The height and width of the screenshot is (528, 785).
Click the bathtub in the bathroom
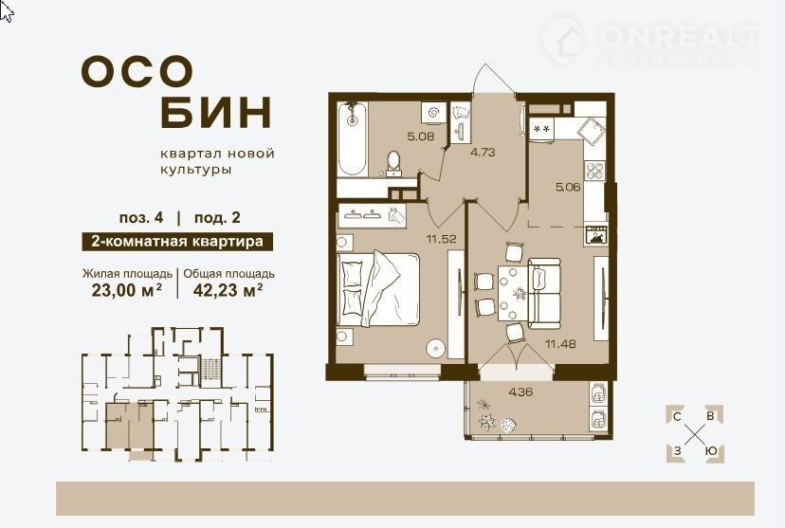click(353, 138)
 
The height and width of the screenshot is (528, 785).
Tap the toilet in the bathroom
click(394, 164)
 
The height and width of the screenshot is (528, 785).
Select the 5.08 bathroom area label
click(421, 137)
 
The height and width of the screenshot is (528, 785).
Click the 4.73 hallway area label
click(483, 153)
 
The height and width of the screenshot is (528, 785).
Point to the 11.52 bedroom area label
click(441, 239)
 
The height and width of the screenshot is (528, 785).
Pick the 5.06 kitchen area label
click(568, 188)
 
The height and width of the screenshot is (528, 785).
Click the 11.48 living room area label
click(560, 344)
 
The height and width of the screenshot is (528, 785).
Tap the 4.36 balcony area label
click(520, 391)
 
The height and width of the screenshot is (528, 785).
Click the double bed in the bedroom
click(378, 289)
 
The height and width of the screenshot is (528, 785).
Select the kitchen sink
click(592, 131)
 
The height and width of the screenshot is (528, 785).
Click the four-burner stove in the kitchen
click(595, 171)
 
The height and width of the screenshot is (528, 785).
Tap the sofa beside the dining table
click(543, 293)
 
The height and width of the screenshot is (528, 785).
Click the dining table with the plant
click(513, 294)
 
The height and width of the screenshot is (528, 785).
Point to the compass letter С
click(677, 417)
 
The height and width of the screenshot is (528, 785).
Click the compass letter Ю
click(711, 451)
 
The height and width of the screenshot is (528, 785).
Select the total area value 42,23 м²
click(228, 290)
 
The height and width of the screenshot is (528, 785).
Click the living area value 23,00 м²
click(127, 290)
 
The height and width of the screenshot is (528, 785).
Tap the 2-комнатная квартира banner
click(177, 242)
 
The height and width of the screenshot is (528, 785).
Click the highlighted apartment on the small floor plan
click(129, 426)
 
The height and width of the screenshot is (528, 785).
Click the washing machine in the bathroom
click(431, 113)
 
